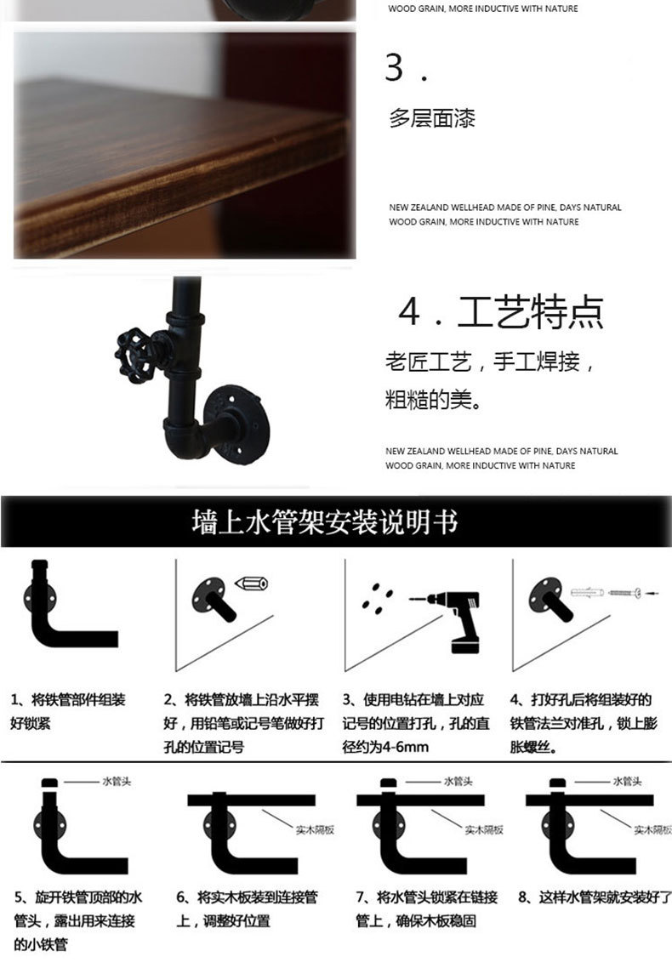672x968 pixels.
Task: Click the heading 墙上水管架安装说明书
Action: tap(325, 522)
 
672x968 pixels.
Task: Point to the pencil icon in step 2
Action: tap(251, 584)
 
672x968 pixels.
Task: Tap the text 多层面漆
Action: tap(432, 118)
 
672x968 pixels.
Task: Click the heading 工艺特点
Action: tap(531, 312)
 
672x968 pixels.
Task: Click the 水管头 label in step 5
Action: tap(117, 781)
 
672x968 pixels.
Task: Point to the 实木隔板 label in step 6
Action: tap(315, 829)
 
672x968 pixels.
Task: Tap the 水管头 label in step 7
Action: tap(458, 781)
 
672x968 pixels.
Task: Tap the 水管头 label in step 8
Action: tap(628, 781)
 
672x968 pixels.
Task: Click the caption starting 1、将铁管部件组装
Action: tap(68, 711)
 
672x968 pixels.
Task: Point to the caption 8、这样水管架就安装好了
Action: tap(595, 897)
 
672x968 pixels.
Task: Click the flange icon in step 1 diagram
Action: tap(40, 597)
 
